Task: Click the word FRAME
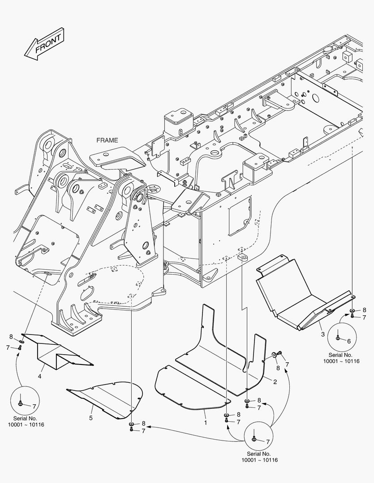coord(107,140)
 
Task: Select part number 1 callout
coord(206,422)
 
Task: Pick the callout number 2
coord(275,381)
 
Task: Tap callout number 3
coord(322,334)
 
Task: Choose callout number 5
coord(91,418)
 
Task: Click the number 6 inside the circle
coord(349,340)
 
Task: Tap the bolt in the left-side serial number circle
coord(21,403)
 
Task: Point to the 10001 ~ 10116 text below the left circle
coord(26,424)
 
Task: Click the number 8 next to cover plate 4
coord(11,337)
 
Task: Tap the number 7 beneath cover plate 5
coord(143,431)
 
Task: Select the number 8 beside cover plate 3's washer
coord(364,310)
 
